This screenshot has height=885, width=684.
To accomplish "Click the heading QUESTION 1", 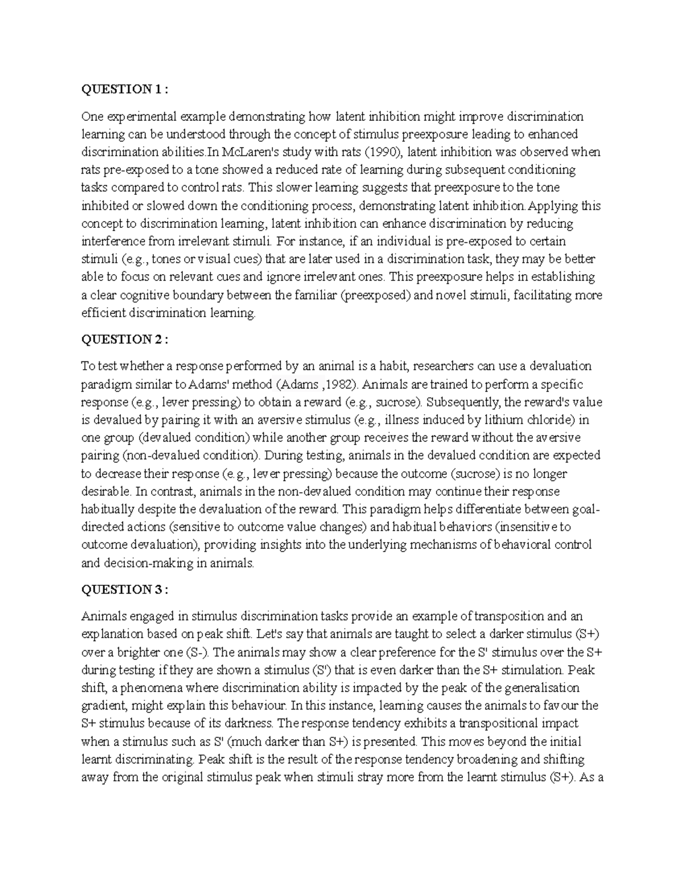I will [125, 89].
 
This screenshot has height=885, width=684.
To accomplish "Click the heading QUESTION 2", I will [125, 340].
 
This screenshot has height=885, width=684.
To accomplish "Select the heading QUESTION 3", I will [125, 590].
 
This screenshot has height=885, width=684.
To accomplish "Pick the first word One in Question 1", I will [92, 117].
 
